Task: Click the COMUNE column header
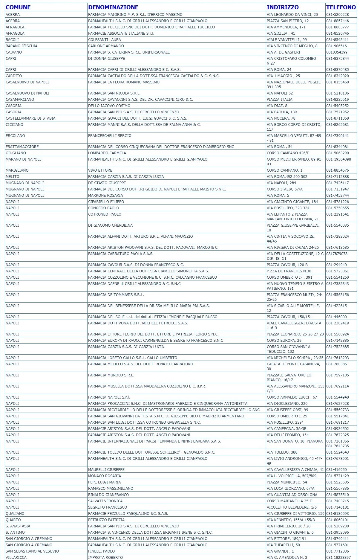click(x=18, y=7)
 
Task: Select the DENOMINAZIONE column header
click(x=113, y=7)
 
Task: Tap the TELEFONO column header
click(x=341, y=7)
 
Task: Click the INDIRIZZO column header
click(x=283, y=7)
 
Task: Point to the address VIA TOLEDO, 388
click(x=282, y=452)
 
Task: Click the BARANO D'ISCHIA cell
click(x=22, y=46)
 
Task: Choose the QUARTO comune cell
click(x=13, y=520)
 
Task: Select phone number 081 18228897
click(x=338, y=557)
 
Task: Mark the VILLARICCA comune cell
click(x=16, y=557)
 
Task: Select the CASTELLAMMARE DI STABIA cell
click(x=30, y=118)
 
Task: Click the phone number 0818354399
click(x=337, y=52)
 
